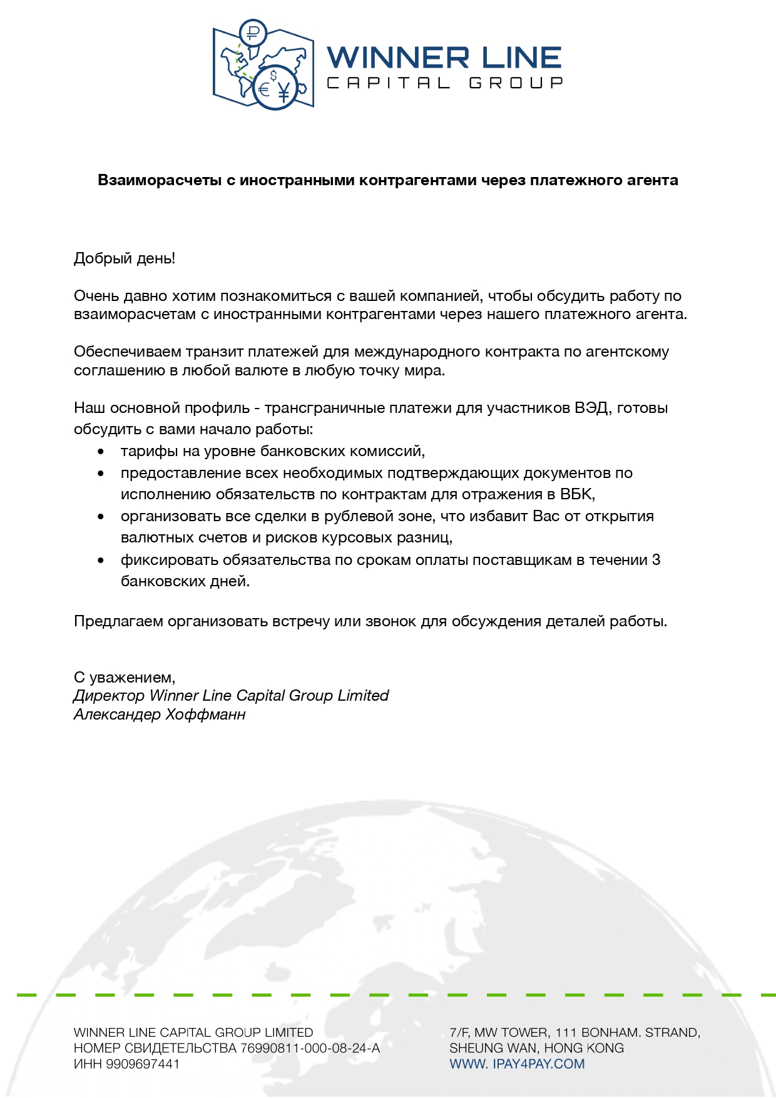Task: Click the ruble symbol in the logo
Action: tap(253, 33)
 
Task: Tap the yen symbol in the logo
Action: tap(284, 91)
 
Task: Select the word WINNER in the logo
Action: tap(398, 58)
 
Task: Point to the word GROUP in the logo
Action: tap(516, 83)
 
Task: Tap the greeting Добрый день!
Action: tap(125, 258)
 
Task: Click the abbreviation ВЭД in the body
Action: tap(591, 408)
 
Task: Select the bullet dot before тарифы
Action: tap(101, 452)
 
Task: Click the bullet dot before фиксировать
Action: tap(101, 561)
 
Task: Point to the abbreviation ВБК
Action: tap(575, 494)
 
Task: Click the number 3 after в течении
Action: tap(656, 560)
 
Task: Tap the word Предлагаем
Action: tap(118, 621)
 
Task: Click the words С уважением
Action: tap(125, 678)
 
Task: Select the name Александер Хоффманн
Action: tap(160, 714)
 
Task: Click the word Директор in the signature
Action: tap(110, 696)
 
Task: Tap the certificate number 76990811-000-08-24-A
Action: tap(310, 1048)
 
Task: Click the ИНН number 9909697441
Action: tap(143, 1064)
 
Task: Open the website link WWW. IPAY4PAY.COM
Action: tap(517, 1064)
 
